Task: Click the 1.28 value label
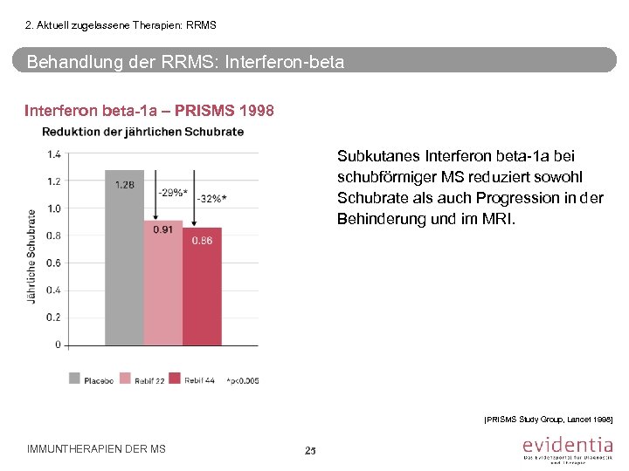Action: (x=125, y=184)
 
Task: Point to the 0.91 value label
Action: (x=163, y=230)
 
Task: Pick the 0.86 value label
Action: (x=202, y=240)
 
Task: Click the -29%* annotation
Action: (x=172, y=191)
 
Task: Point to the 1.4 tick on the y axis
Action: (x=54, y=154)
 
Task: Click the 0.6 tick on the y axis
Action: (x=54, y=263)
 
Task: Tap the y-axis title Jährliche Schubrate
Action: (x=32, y=256)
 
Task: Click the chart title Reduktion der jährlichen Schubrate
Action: (x=143, y=132)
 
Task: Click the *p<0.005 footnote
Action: (x=242, y=379)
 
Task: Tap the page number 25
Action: (x=309, y=450)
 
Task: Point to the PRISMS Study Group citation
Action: (x=548, y=420)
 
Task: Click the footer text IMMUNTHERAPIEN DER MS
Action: (x=96, y=449)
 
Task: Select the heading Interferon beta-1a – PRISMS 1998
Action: (x=149, y=111)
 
